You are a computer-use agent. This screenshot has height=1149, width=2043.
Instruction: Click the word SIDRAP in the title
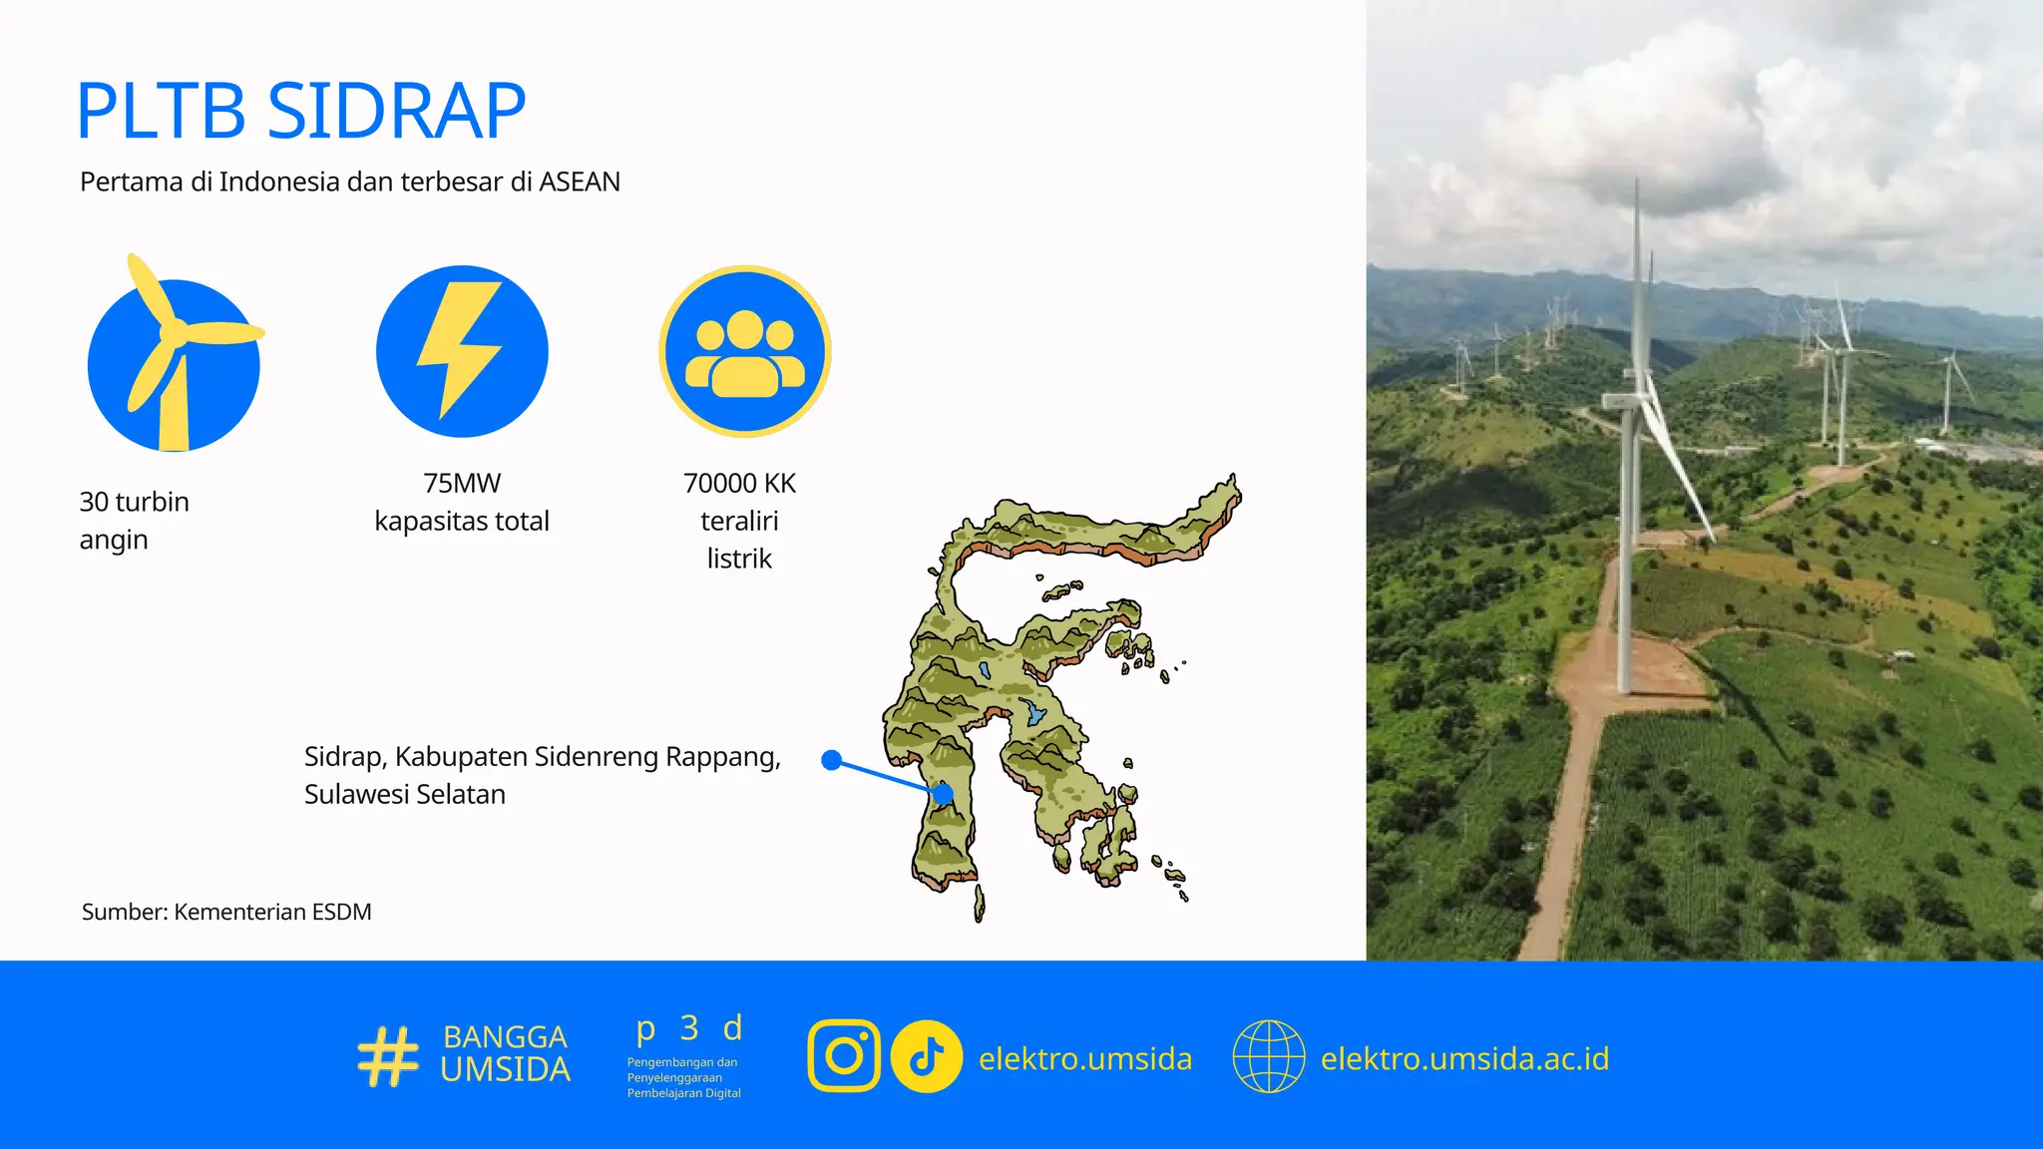click(396, 111)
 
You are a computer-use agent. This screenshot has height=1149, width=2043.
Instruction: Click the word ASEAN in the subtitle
click(579, 182)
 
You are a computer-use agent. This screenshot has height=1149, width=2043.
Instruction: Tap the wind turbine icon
click(175, 354)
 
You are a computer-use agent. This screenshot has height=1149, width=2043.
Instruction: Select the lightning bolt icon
click(461, 351)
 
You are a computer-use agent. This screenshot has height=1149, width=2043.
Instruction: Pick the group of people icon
click(744, 351)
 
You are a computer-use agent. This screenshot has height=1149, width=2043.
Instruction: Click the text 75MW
click(461, 483)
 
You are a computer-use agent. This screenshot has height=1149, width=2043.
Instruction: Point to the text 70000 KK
click(739, 483)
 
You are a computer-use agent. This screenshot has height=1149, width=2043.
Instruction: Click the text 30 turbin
click(134, 502)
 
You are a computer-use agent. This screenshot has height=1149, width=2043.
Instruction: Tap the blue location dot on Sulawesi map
click(943, 794)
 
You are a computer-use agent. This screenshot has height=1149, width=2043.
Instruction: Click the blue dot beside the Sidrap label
click(831, 760)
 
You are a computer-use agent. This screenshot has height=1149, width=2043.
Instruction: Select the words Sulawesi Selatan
click(404, 795)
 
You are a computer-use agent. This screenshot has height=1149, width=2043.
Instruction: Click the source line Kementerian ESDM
click(271, 912)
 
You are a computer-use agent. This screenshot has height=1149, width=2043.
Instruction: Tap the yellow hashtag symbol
click(387, 1056)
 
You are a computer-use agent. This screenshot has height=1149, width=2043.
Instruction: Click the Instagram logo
click(844, 1056)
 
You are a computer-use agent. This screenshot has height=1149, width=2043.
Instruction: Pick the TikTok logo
click(926, 1056)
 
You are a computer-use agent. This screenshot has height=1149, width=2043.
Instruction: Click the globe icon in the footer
click(1268, 1056)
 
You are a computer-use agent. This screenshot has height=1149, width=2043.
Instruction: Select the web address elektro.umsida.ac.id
click(1464, 1058)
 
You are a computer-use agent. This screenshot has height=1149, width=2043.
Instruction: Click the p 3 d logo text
click(689, 1027)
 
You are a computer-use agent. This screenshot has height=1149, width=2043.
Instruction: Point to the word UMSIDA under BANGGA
click(505, 1070)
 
